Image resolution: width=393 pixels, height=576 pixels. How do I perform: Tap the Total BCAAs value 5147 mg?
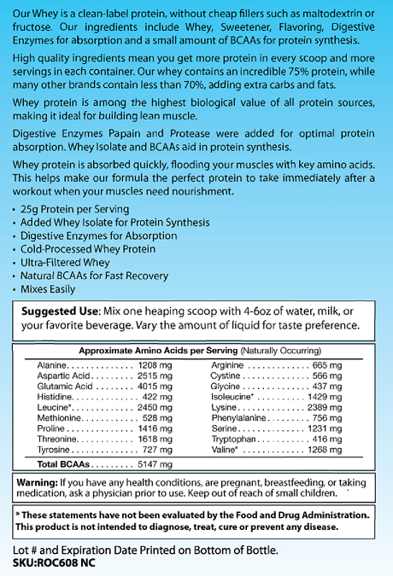[155, 466]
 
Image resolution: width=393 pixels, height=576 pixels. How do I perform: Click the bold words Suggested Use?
[61, 311]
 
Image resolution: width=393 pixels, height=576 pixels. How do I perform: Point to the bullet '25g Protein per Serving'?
[76, 209]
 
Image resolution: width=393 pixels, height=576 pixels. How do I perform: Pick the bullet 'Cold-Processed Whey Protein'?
[89, 249]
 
